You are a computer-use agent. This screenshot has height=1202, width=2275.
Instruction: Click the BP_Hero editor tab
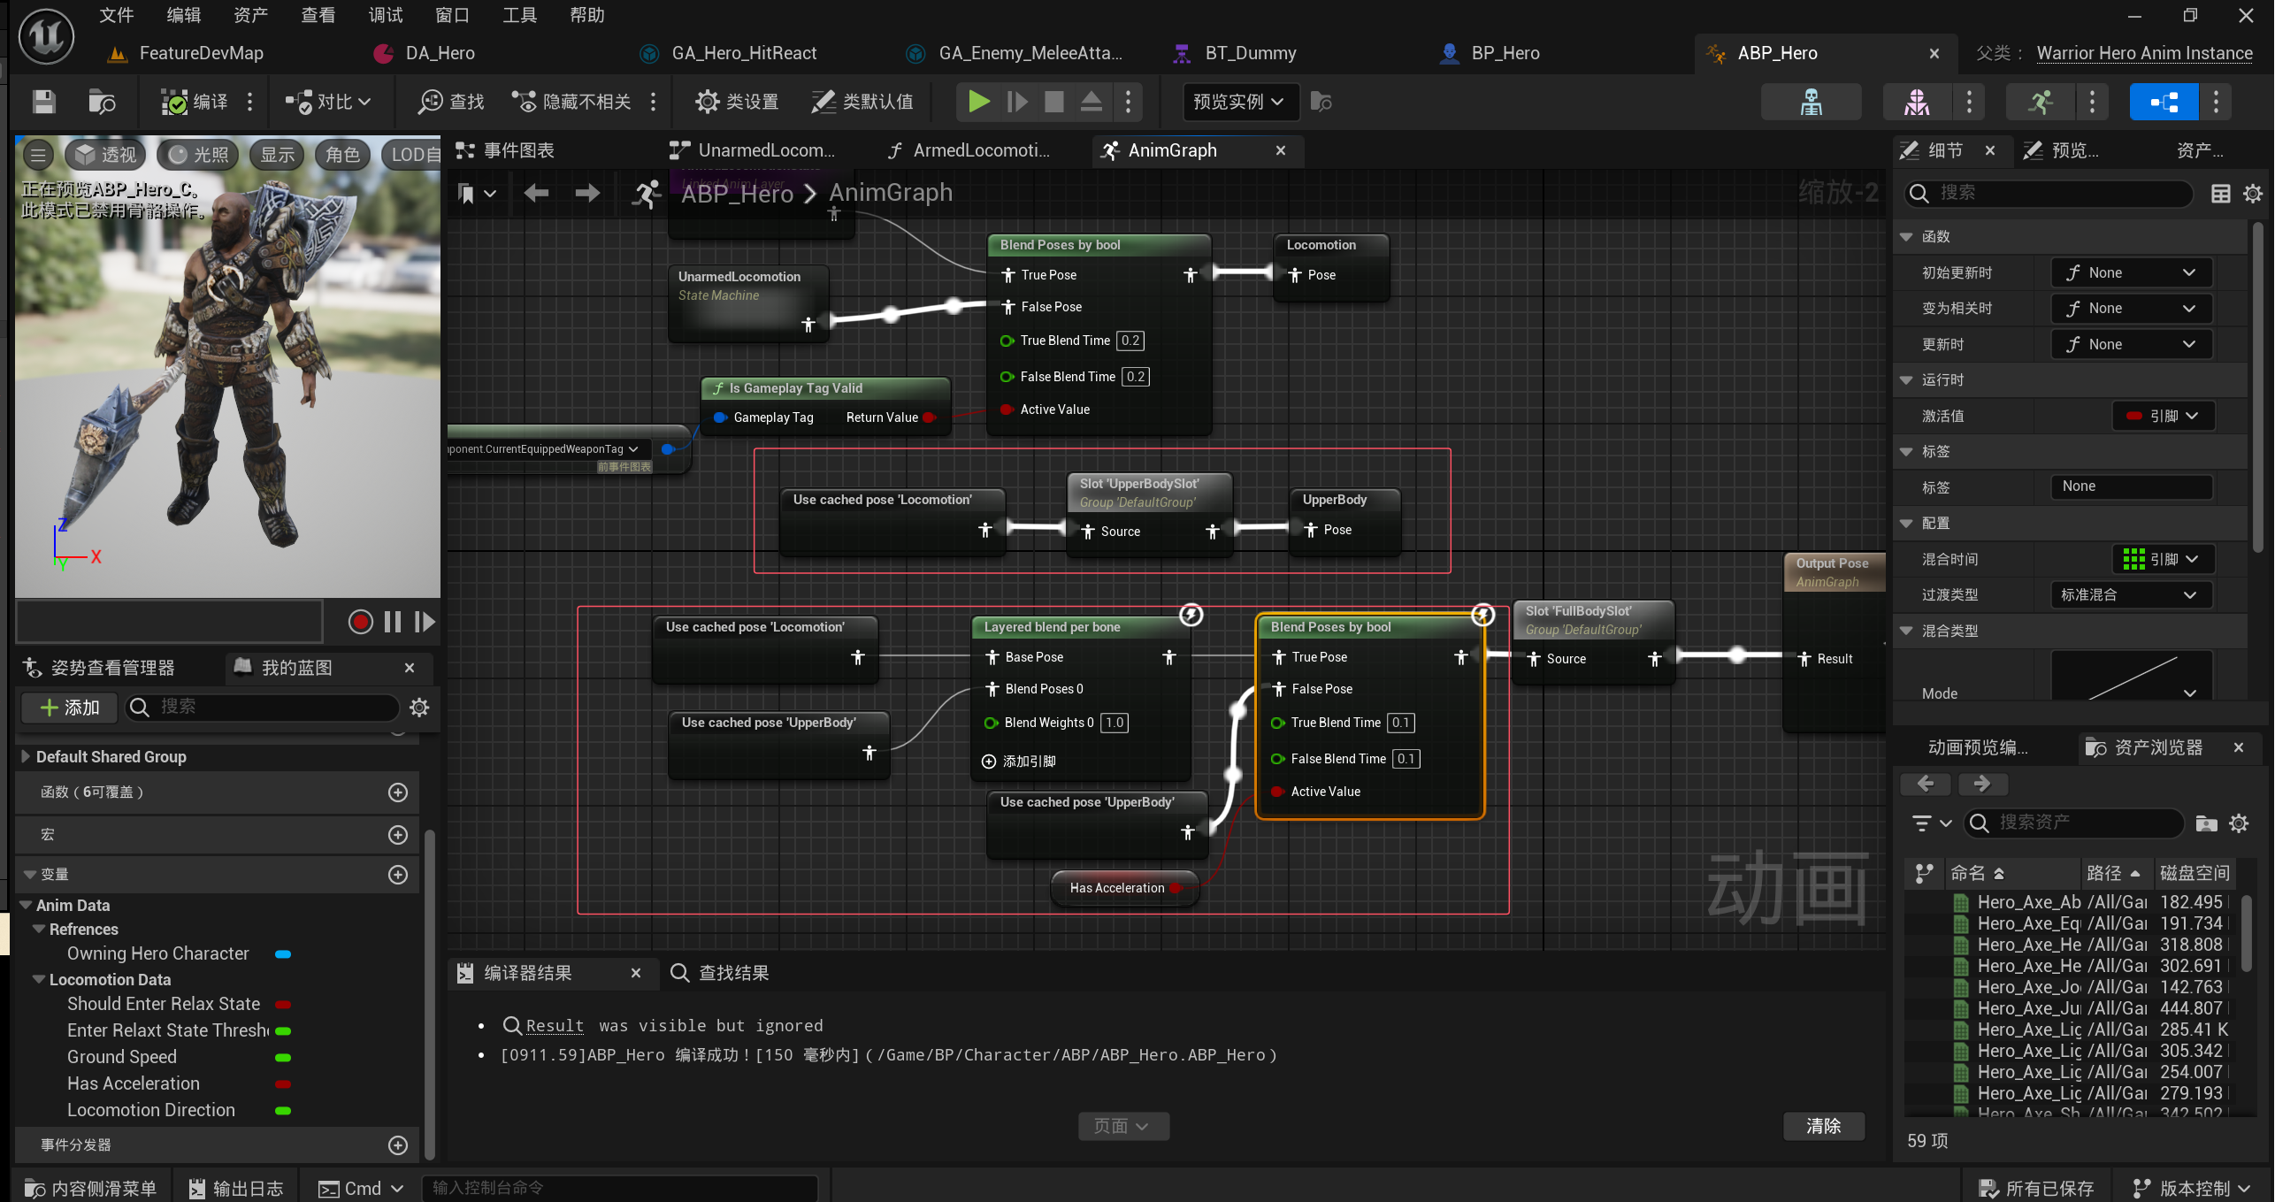click(1505, 53)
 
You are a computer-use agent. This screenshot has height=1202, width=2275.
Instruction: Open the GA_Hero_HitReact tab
click(743, 53)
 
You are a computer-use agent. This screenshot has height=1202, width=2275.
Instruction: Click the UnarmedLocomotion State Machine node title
click(739, 277)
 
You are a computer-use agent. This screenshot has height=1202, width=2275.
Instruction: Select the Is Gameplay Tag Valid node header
click(795, 388)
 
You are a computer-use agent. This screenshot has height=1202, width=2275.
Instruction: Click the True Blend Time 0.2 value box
click(1130, 341)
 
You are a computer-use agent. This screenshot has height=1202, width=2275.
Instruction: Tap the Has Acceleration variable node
click(1116, 888)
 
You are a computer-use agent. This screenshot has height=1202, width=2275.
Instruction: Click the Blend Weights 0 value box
click(1114, 723)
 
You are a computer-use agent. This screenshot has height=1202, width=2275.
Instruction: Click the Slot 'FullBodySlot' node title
click(1578, 611)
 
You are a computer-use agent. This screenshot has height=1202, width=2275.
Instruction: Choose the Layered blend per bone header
click(1052, 627)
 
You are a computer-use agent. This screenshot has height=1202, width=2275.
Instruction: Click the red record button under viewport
click(360, 622)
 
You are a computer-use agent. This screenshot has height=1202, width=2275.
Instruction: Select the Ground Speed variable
click(122, 1057)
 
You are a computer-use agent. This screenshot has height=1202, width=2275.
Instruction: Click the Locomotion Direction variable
click(151, 1110)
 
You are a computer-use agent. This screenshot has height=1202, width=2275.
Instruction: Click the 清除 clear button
click(1823, 1126)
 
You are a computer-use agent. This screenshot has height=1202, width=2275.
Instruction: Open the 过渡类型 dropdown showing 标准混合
click(2130, 595)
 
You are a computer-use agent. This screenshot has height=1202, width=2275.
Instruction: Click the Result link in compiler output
click(555, 1026)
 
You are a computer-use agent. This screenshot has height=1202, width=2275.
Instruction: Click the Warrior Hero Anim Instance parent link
click(2144, 53)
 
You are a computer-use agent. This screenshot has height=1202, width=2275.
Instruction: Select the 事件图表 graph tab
click(518, 150)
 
